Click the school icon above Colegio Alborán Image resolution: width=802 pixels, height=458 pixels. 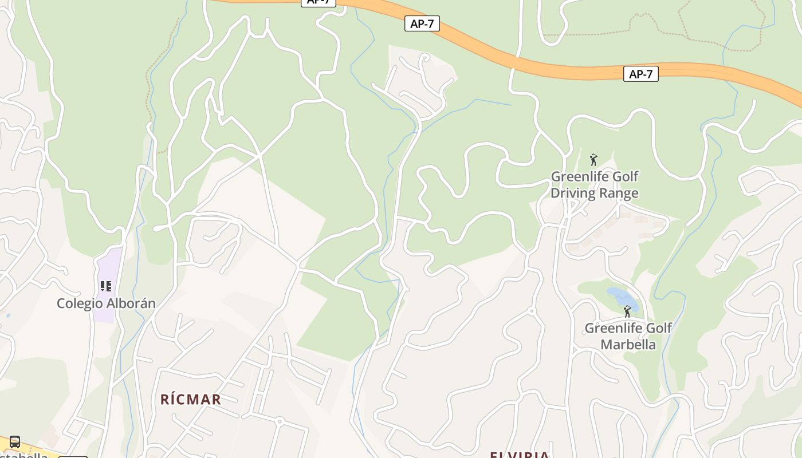pyautogui.click(x=105, y=286)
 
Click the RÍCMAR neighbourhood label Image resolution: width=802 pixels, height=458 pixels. pyautogui.click(x=191, y=399)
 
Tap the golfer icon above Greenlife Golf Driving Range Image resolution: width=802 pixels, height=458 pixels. pyautogui.click(x=593, y=160)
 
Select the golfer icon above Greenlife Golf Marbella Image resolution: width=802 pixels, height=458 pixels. pyautogui.click(x=627, y=311)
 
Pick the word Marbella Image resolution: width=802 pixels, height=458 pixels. pyautogui.click(x=628, y=345)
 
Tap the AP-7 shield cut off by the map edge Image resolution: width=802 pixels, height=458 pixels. pyautogui.click(x=319, y=2)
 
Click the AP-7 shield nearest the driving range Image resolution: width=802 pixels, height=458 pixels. pyautogui.click(x=640, y=74)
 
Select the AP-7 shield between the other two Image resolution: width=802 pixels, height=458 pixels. pyautogui.click(x=422, y=23)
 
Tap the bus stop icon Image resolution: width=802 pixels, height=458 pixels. pyautogui.click(x=15, y=442)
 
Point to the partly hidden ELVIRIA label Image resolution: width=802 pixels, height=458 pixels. pyautogui.click(x=520, y=455)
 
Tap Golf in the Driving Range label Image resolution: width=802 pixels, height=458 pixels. pyautogui.click(x=624, y=176)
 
